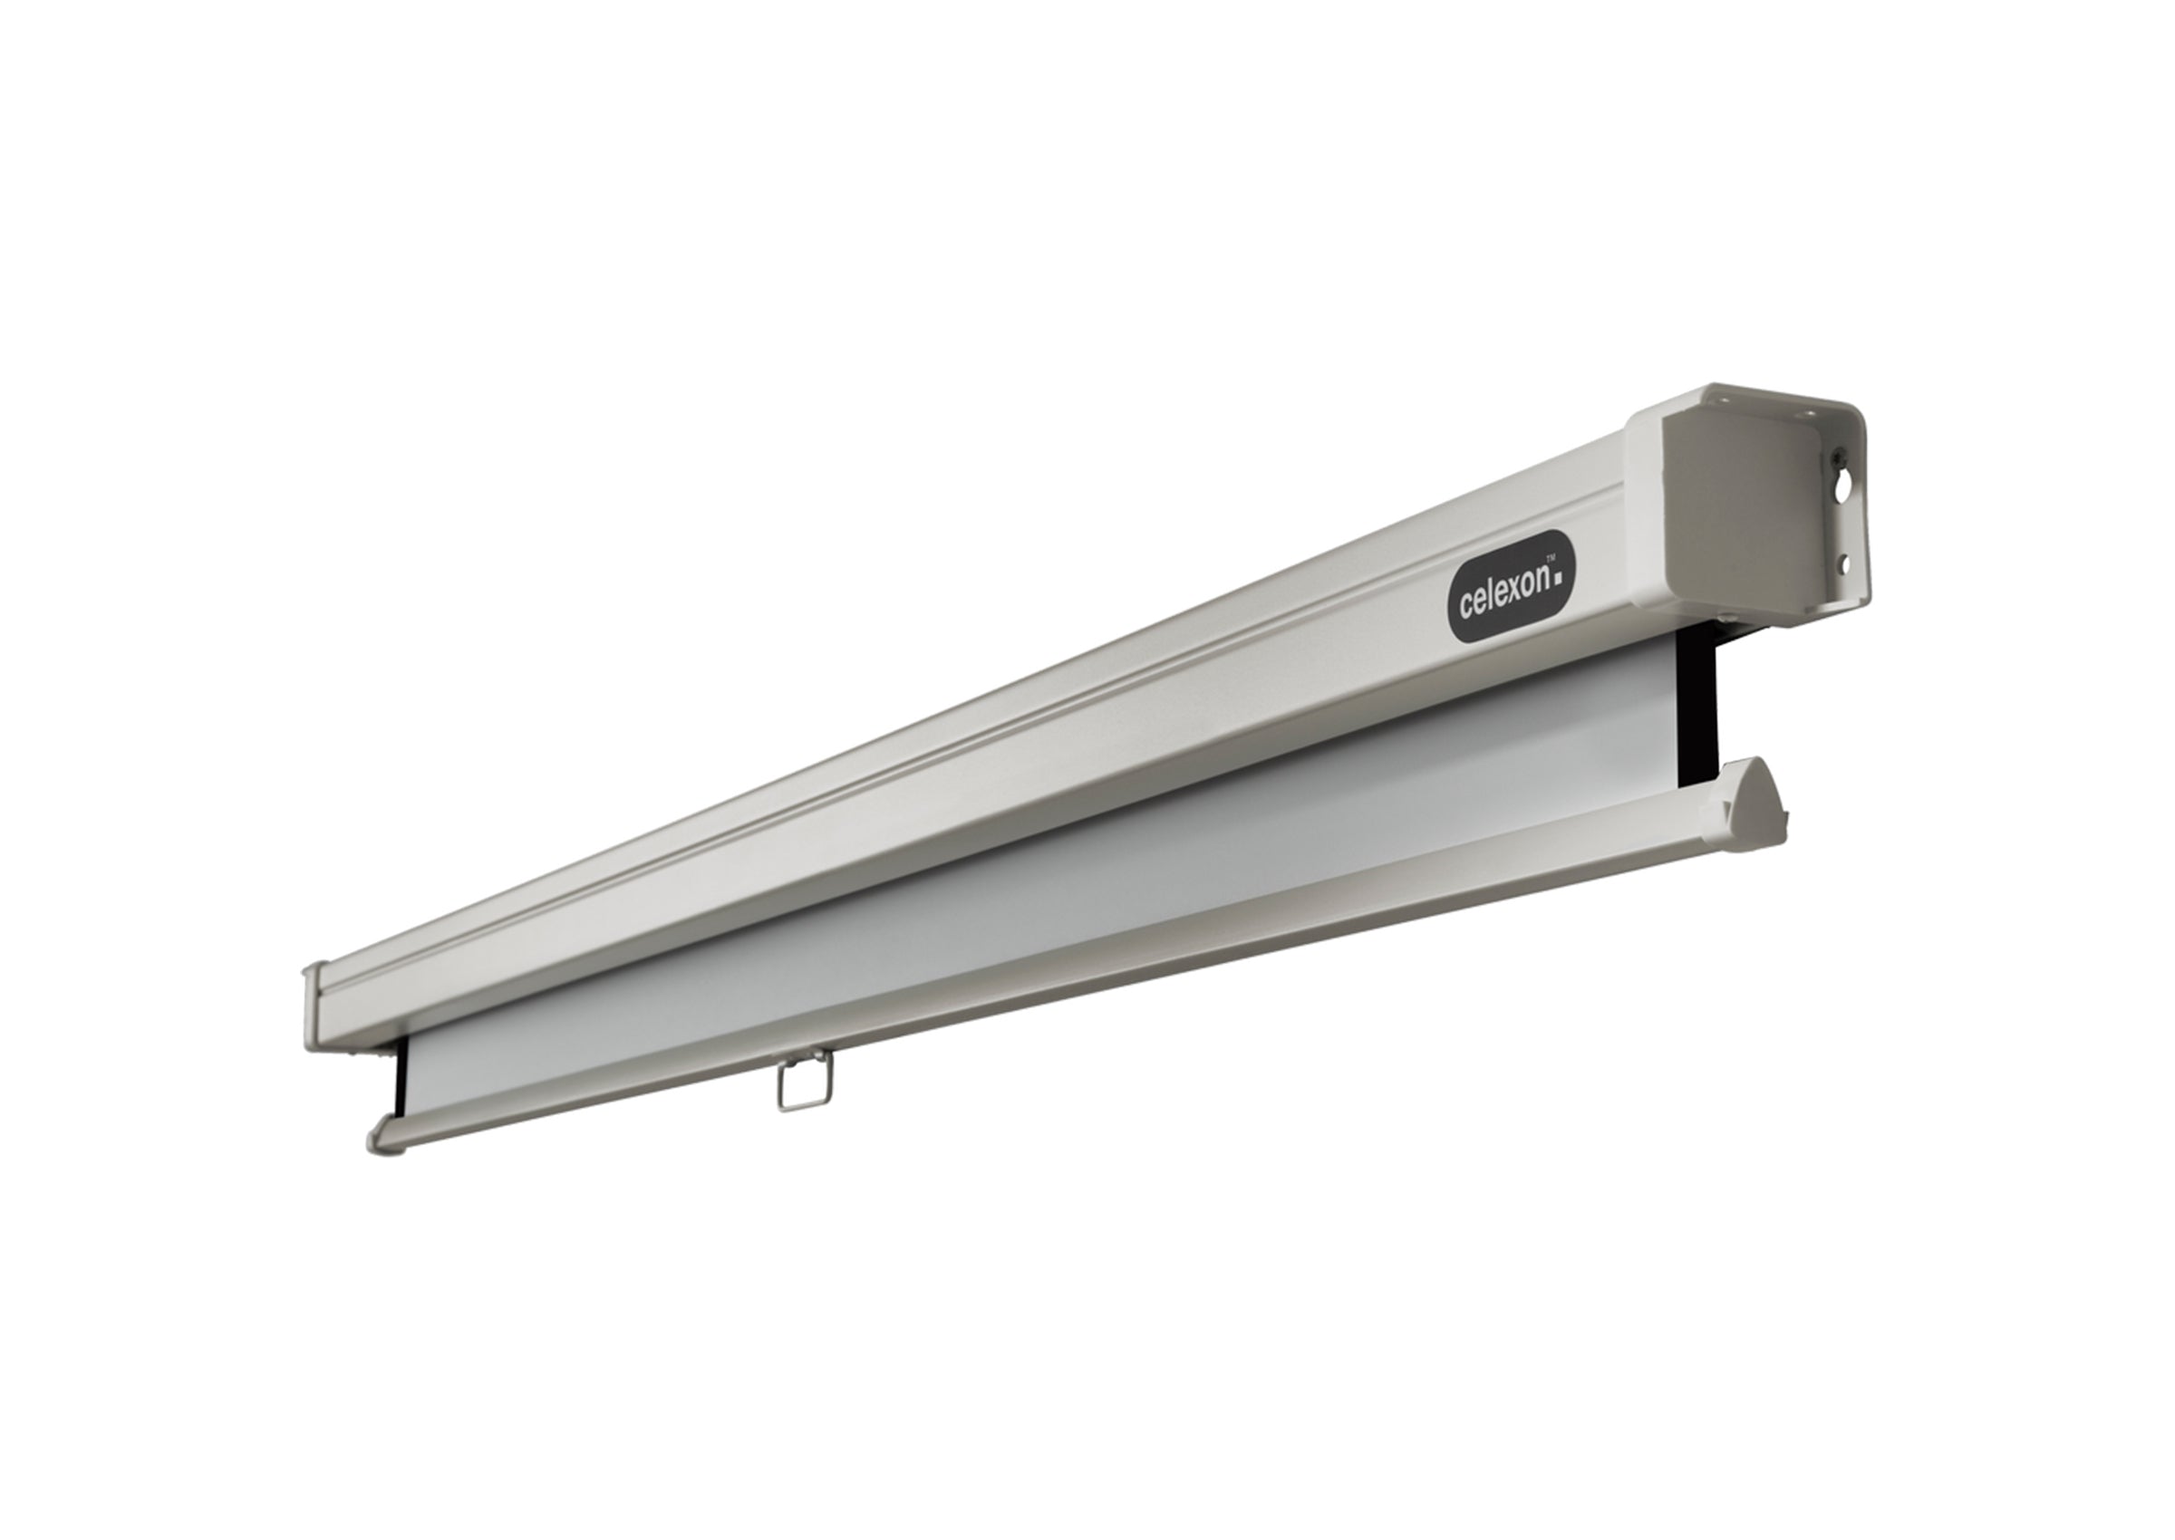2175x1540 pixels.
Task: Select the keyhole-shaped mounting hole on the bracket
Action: pyautogui.click(x=1842, y=487)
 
